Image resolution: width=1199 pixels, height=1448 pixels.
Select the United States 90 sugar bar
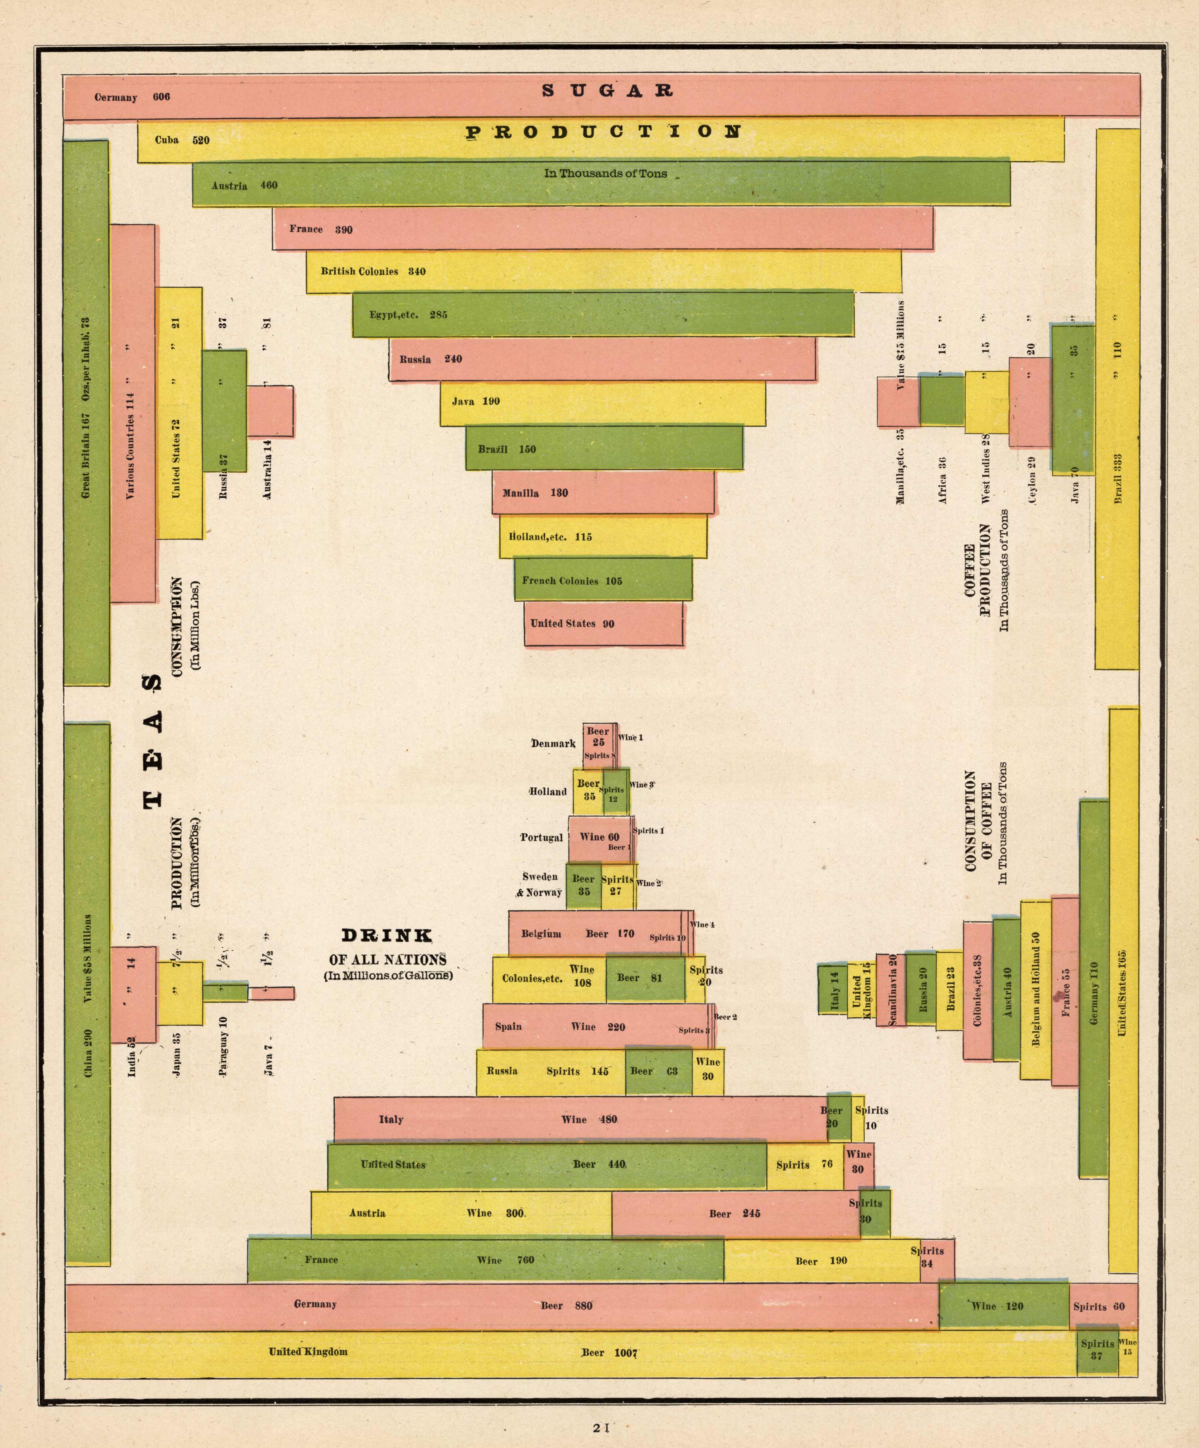tap(603, 623)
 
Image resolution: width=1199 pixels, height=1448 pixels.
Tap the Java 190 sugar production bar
tap(602, 403)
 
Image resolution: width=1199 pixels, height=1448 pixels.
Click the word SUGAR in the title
tap(607, 90)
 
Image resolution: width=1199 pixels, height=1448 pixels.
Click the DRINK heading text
tap(387, 936)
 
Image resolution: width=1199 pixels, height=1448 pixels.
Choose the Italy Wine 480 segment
tap(580, 1119)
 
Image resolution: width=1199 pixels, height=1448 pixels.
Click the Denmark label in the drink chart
tap(553, 743)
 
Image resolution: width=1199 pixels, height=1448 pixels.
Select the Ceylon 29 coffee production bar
tap(1030, 402)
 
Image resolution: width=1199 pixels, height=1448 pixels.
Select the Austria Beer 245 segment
tap(735, 1213)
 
